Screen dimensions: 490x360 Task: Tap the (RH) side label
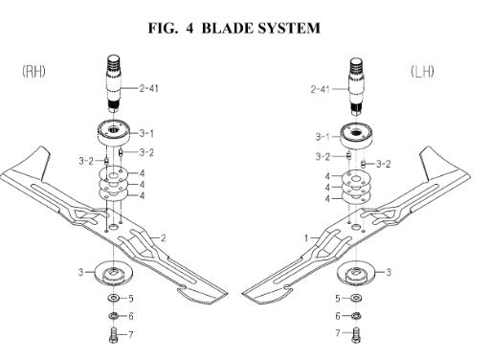click(x=33, y=71)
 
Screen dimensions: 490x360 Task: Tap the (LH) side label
click(x=422, y=72)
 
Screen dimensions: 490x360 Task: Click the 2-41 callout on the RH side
click(x=148, y=88)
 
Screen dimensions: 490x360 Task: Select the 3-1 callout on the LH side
click(x=323, y=137)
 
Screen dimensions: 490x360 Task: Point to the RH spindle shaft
click(x=114, y=83)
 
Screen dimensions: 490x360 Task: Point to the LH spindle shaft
click(x=356, y=86)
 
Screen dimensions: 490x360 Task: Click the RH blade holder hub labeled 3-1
click(x=114, y=133)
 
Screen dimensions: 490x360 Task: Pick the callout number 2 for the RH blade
click(x=163, y=238)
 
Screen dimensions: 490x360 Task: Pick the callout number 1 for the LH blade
click(x=306, y=238)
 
